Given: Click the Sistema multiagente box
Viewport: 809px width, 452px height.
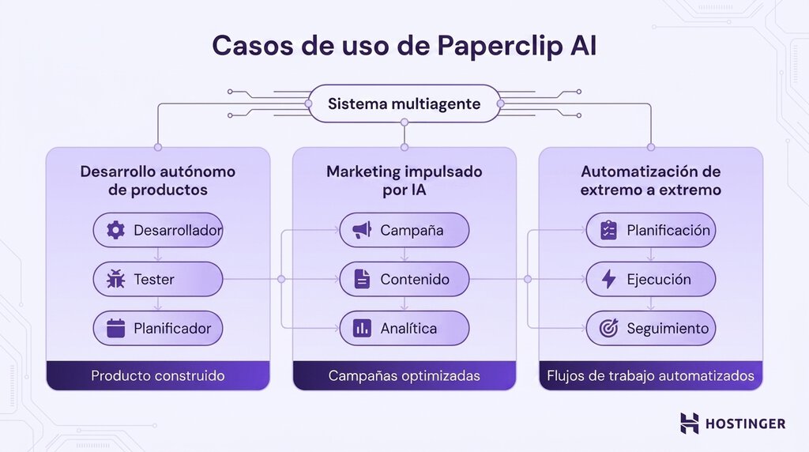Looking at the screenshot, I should [404, 104].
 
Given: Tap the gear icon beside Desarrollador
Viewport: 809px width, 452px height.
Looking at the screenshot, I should [116, 230].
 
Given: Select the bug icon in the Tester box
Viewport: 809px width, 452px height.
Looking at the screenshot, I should [116, 279].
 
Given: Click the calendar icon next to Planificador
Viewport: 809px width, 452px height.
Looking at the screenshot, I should [116, 328].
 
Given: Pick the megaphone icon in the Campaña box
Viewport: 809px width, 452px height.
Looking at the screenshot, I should [362, 230].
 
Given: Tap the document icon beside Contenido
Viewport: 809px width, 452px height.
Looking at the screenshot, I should [362, 279].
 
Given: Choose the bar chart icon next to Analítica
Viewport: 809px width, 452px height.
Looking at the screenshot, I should [362, 328].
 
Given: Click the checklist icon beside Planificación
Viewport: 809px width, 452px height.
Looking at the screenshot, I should [608, 230].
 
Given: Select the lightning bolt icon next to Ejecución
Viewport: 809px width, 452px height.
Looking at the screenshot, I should [608, 279].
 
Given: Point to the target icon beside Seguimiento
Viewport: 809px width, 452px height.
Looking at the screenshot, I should [608, 328].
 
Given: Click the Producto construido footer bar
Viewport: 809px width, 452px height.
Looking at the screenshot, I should [158, 375].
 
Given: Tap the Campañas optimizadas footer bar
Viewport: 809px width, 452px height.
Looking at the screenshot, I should [404, 375].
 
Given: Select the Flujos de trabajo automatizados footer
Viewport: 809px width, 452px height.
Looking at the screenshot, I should [650, 375].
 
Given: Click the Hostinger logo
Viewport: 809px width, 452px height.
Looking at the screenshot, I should [732, 424].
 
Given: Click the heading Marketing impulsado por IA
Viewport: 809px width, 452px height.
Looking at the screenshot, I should [404, 180].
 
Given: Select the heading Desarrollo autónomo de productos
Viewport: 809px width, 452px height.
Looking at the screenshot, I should [158, 180].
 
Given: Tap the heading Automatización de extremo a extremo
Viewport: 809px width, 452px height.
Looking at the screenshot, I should [650, 180].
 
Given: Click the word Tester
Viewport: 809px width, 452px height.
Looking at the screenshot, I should [154, 279].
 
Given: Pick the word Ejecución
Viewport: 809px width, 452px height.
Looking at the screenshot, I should [658, 279].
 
